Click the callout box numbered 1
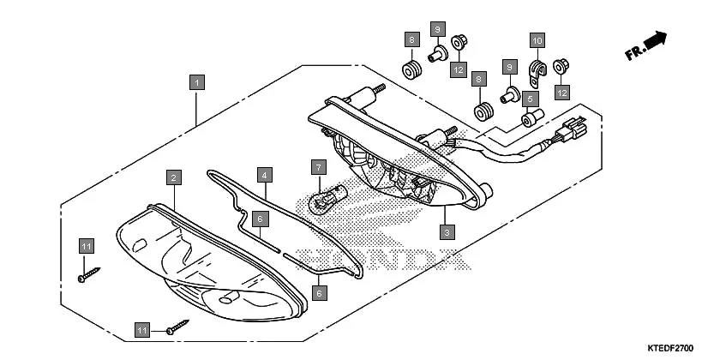point(197,82)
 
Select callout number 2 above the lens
point(174,177)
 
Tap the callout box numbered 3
point(446,231)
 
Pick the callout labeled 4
point(266,175)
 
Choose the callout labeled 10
point(537,40)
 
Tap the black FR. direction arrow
point(656,39)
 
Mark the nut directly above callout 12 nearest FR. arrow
point(561,65)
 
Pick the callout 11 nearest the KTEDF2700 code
point(143,329)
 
